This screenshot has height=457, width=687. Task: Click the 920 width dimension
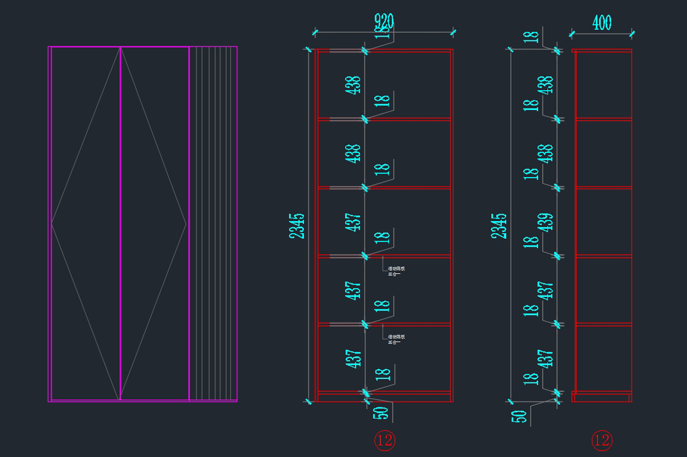point(384,22)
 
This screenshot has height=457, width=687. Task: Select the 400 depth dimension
point(602,23)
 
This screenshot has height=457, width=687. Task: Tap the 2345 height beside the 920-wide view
point(297,226)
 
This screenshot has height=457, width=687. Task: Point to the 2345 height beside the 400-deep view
point(499,226)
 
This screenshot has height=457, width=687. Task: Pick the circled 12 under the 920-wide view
point(385,440)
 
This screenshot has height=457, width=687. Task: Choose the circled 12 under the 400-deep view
point(602,440)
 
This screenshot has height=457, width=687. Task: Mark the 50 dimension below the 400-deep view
point(519,416)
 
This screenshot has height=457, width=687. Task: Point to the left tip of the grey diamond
point(52,223)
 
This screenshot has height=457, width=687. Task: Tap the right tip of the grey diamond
point(187,223)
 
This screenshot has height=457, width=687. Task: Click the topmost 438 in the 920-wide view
point(353,85)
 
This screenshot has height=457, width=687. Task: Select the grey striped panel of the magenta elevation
point(213,223)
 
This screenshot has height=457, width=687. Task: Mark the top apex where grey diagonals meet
point(120,48)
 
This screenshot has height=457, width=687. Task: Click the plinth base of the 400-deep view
point(601,397)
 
